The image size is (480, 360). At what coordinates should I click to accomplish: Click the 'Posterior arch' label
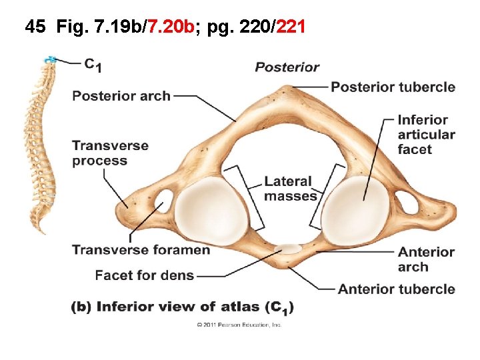pyautogui.click(x=121, y=96)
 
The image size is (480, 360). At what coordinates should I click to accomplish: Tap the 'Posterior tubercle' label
pyautogui.click(x=393, y=87)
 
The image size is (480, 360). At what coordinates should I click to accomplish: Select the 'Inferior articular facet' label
pyautogui.click(x=426, y=135)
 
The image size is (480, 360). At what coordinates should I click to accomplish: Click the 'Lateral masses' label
pyautogui.click(x=290, y=189)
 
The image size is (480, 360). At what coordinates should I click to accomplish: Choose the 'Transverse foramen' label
pyautogui.click(x=141, y=250)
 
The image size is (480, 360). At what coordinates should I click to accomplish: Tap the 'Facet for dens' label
pyautogui.click(x=144, y=275)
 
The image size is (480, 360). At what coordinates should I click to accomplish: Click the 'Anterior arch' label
pyautogui.click(x=426, y=259)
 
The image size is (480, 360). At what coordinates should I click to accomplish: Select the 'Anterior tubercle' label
pyautogui.click(x=396, y=289)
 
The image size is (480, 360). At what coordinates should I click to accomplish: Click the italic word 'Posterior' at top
pyautogui.click(x=287, y=67)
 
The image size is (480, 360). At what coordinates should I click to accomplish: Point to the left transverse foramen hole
pyautogui.click(x=162, y=198)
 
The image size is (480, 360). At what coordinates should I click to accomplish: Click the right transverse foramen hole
pyautogui.click(x=407, y=201)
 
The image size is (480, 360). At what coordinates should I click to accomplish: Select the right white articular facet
pyautogui.click(x=355, y=208)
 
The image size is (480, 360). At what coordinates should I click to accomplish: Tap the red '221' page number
pyautogui.click(x=291, y=27)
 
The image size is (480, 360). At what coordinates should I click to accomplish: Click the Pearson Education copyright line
pyautogui.click(x=239, y=325)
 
